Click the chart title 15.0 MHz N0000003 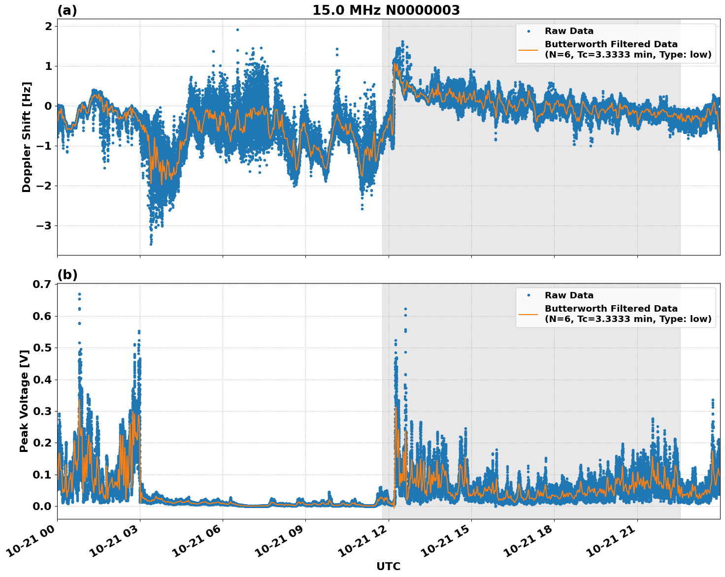pyautogui.click(x=386, y=10)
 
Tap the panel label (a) pyautogui.click(x=67, y=10)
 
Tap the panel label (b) pyautogui.click(x=67, y=275)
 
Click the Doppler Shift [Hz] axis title pyautogui.click(x=27, y=137)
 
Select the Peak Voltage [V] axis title pyautogui.click(x=24, y=398)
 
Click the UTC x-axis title pyautogui.click(x=388, y=566)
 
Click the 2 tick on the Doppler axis pyautogui.click(x=48, y=26)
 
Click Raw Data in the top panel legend pyautogui.click(x=569, y=31)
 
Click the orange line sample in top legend pyautogui.click(x=528, y=49)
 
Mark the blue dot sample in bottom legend pyautogui.click(x=528, y=295)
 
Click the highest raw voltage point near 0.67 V pyautogui.click(x=79, y=294)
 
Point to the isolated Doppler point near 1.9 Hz pyautogui.click(x=237, y=30)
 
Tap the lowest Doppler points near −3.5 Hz pyautogui.click(x=151, y=243)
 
